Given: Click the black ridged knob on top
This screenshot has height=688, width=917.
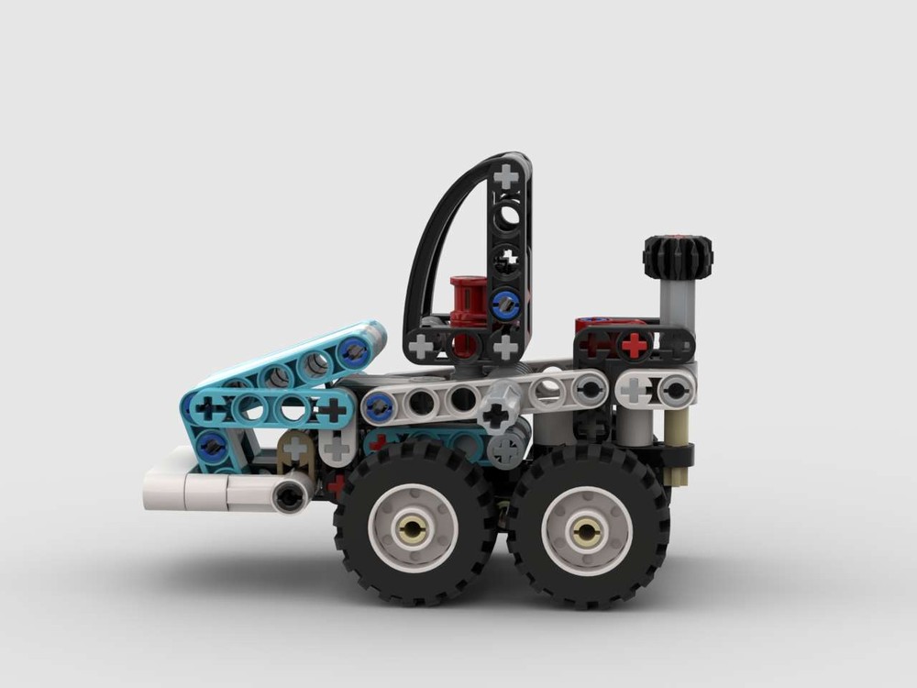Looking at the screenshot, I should [678, 257].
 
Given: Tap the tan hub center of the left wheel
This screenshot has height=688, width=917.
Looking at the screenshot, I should [413, 528].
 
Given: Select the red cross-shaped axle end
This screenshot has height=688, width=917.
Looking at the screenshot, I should [634, 344].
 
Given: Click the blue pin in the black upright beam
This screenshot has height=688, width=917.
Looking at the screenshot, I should [503, 304].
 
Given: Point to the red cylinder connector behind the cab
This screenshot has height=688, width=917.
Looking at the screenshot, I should [467, 303].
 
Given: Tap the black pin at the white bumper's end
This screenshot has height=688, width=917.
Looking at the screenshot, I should [290, 497].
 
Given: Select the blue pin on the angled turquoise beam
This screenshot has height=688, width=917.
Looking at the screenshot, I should [350, 350].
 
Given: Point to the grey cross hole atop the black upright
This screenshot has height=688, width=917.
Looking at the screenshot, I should [506, 176].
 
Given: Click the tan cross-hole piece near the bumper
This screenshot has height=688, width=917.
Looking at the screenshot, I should [295, 449].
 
